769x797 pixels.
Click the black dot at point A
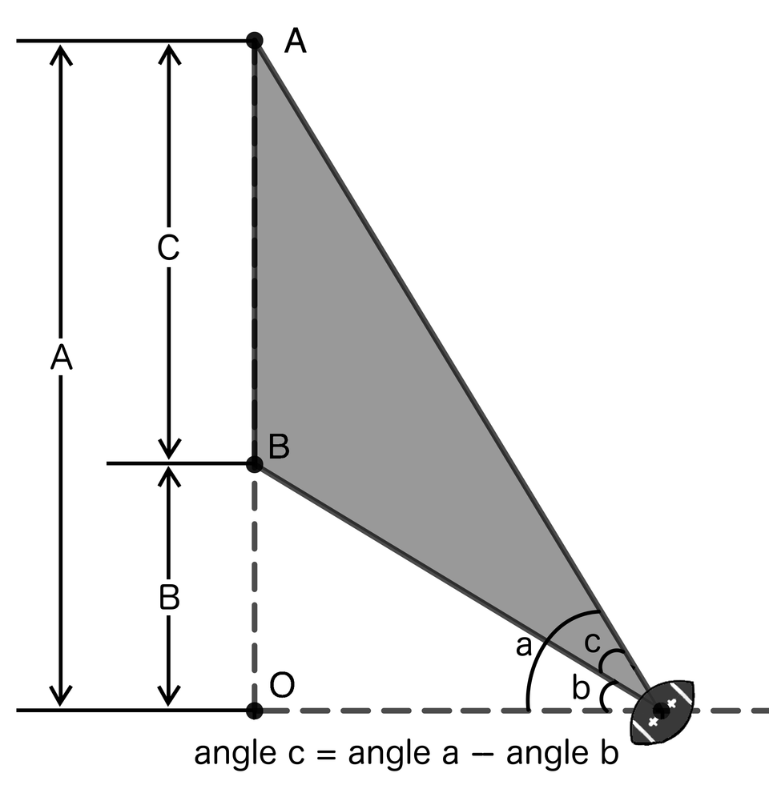pos(254,40)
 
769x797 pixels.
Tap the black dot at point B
pos(254,463)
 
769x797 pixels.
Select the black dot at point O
pos(254,710)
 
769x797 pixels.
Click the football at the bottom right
pos(662,710)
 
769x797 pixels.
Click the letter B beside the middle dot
pos(279,447)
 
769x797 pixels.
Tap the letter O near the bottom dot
pos(282,686)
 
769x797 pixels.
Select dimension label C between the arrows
pos(168,250)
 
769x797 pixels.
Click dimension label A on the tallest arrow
pos(61,358)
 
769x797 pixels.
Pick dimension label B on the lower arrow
pos(168,599)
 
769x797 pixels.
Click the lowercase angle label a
pos(523,645)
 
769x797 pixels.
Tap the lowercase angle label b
pos(581,687)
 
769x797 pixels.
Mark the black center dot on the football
pos(661,710)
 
